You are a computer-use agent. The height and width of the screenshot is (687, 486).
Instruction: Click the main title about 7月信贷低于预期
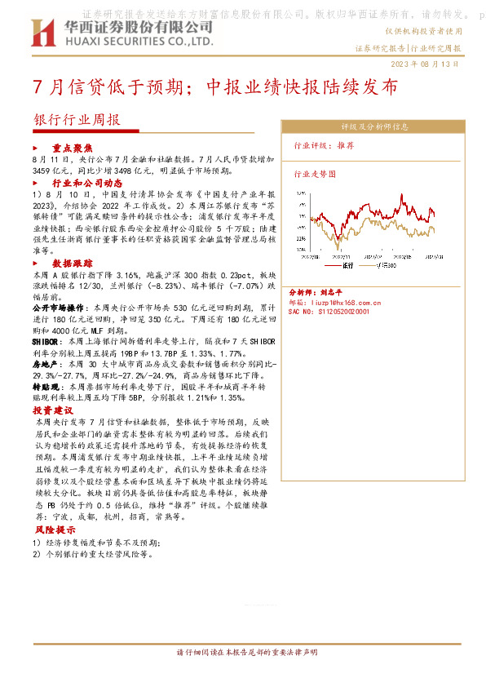215,87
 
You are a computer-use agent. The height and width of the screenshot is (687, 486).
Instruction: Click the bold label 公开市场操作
60,308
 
